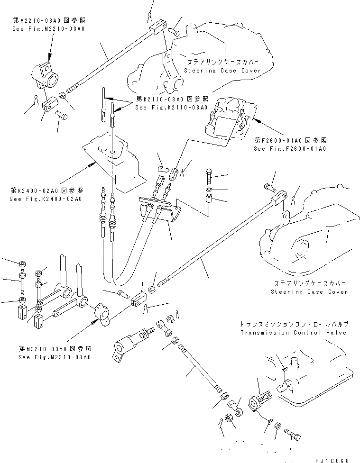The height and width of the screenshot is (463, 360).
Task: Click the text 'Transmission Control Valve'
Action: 294,333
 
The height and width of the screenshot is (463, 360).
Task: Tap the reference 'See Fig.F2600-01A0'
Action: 290,148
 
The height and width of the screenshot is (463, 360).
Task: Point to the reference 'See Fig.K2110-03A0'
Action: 165,108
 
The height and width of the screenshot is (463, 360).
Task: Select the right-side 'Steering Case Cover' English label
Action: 309,292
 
